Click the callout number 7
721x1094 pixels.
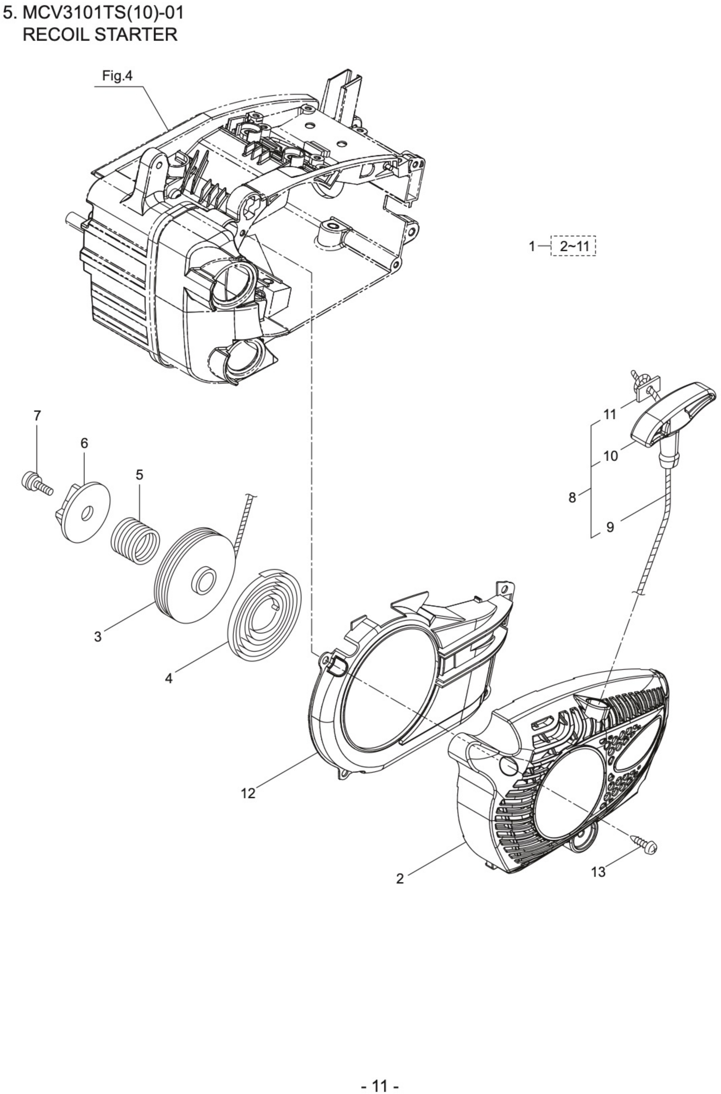(x=37, y=416)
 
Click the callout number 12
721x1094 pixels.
(x=248, y=793)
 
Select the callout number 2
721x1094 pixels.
(x=400, y=879)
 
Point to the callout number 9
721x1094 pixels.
(x=610, y=527)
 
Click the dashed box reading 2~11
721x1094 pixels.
(x=574, y=246)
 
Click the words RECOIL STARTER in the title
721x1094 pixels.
(x=100, y=34)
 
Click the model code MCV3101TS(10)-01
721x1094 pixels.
(x=103, y=13)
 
